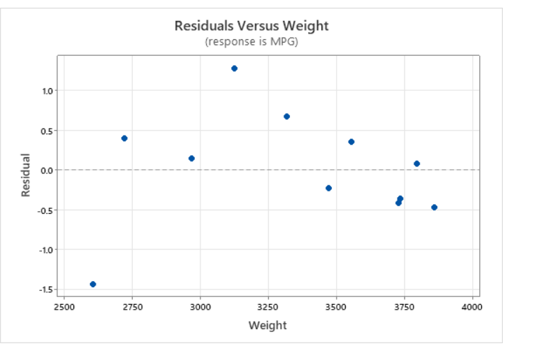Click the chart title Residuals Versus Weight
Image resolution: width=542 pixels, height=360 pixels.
251,26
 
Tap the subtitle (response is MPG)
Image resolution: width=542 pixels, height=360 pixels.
251,41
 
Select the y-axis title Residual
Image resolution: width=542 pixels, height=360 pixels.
26,175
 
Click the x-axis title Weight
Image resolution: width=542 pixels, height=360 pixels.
268,325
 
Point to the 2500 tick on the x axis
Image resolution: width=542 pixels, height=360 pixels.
64,307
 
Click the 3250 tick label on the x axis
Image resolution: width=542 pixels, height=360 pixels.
268,307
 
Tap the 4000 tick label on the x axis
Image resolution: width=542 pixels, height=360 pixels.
472,307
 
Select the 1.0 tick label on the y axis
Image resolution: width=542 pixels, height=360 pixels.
46,91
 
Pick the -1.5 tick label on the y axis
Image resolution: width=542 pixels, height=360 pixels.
45,289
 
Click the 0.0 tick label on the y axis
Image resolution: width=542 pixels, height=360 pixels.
46,170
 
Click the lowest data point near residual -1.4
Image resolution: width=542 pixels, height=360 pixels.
93,284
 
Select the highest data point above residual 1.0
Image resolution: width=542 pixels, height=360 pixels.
234,69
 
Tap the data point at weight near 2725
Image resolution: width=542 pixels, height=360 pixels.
124,138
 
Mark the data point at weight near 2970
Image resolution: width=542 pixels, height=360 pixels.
191,159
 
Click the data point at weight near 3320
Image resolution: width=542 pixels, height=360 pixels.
286,117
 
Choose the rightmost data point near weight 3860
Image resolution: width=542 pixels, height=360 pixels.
434,208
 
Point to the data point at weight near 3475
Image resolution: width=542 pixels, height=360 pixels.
328,188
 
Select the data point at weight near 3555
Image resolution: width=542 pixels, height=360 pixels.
351,142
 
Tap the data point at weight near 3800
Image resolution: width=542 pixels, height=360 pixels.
416,164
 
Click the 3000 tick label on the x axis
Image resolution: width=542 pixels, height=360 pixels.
200,307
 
